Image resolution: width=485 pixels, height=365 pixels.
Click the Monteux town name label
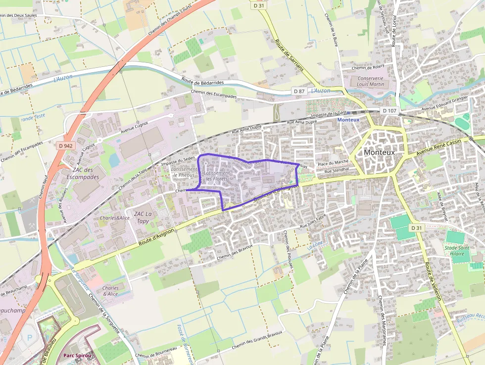coord(379,153)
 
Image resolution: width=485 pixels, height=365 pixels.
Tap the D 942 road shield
coord(65,146)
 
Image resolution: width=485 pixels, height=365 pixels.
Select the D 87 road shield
coord(298,91)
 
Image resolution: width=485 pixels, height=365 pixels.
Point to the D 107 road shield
coord(389,110)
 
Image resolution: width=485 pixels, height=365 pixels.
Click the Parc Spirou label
coord(77,356)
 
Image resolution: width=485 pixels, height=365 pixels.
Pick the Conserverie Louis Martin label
coord(370,81)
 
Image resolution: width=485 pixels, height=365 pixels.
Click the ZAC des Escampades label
coord(83,173)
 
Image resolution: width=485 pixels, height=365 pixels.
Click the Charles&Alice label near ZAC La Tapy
coord(114,218)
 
